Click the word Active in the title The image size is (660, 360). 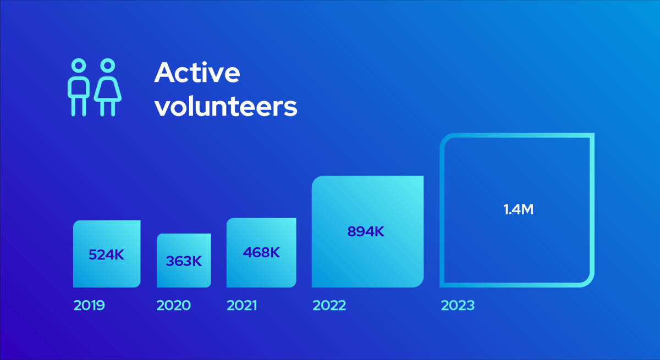(197, 73)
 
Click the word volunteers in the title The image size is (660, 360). (226, 107)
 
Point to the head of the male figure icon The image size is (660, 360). (79, 66)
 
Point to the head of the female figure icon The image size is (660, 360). (108, 66)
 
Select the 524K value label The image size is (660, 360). (107, 255)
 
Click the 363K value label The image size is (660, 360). (184, 261)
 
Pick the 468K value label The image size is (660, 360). (261, 253)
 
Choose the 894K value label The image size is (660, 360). (366, 232)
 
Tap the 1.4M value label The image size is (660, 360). (518, 209)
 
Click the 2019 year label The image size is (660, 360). (89, 305)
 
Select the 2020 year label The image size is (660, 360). (173, 305)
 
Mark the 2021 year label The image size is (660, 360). (241, 305)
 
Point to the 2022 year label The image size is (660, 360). (329, 305)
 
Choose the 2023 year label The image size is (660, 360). (457, 305)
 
